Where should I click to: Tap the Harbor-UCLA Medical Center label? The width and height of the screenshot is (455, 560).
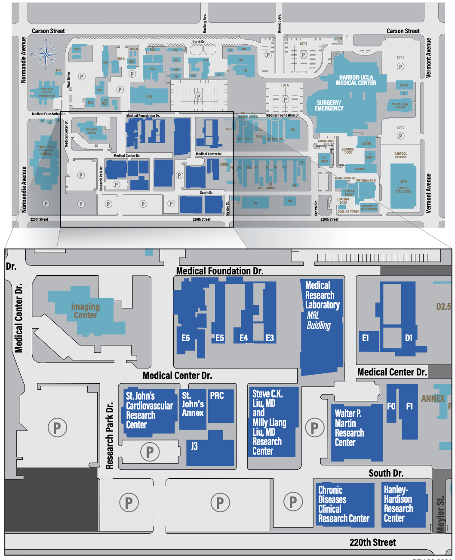pos(356,80)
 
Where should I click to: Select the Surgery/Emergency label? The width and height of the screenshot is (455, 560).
pos(329,105)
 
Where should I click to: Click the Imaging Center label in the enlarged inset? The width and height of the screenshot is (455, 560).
pos(85,311)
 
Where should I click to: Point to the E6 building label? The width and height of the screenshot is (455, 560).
pos(185,338)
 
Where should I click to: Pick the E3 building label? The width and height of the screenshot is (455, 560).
pos(270,338)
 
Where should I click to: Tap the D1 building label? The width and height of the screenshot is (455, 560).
pos(409,338)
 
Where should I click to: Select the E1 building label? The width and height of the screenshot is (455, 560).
pos(365,338)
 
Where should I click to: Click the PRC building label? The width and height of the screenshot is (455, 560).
pos(217,395)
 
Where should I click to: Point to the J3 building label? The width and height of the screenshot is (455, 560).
pos(194,446)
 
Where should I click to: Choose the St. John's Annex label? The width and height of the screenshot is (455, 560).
pos(192,404)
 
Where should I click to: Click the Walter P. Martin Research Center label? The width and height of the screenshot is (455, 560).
pos(349,428)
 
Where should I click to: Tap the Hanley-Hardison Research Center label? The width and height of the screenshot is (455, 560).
pos(398,504)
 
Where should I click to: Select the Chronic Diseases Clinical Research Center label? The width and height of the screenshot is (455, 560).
pos(343,505)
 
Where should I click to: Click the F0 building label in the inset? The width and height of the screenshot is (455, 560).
pos(391,406)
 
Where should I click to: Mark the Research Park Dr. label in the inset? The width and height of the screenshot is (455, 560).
pos(110,435)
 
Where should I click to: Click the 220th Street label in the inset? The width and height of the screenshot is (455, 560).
pos(372,543)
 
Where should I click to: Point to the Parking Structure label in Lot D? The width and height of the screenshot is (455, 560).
pos(403,190)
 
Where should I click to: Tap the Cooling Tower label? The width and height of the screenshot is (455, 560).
pos(348,212)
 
